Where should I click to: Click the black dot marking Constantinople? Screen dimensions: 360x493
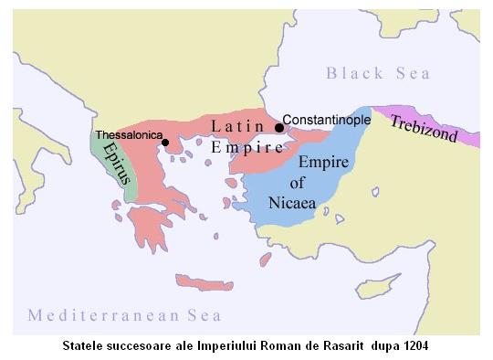279,127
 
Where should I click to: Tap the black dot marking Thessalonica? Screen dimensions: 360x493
164,143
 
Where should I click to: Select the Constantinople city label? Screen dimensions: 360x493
326,120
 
